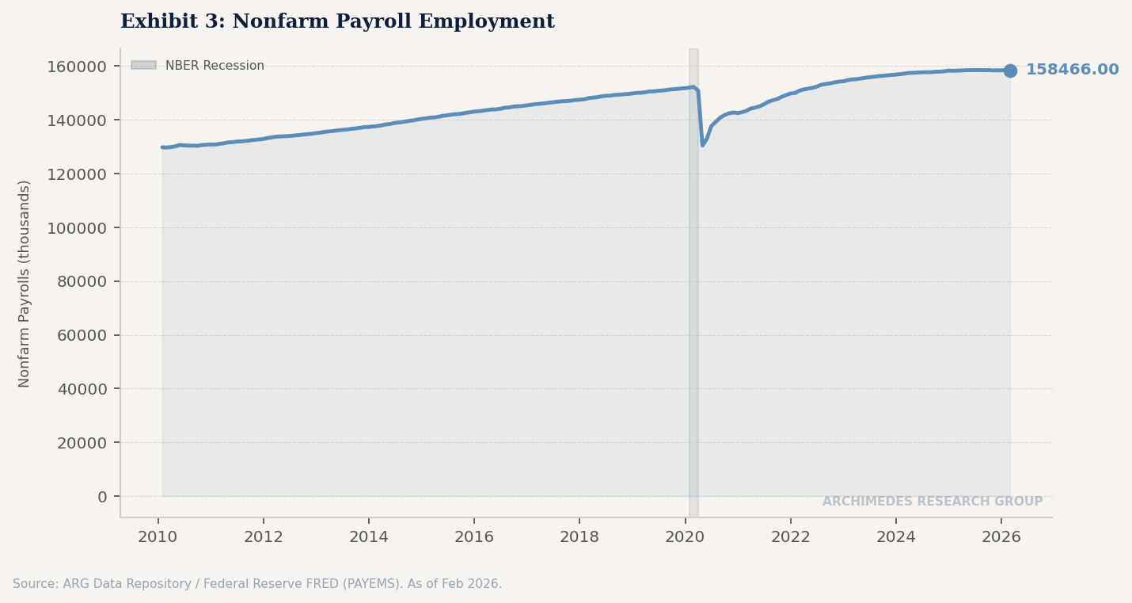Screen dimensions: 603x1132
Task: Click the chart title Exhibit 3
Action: (x=337, y=22)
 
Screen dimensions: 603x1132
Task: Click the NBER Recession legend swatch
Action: (x=143, y=66)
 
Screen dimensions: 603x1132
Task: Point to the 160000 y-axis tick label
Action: (x=77, y=67)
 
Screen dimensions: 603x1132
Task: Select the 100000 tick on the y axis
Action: (x=77, y=228)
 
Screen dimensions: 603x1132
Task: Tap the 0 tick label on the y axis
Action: (x=102, y=497)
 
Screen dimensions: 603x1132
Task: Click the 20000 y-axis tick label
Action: (x=82, y=443)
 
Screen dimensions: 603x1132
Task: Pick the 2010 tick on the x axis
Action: (x=158, y=537)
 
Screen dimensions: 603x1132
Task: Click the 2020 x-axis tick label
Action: (x=685, y=537)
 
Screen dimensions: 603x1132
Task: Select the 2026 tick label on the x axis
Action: (x=1001, y=537)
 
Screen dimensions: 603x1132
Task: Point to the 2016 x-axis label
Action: (x=474, y=537)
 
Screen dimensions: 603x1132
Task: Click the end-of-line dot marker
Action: (x=1010, y=71)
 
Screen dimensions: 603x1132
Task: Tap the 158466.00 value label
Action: (x=1072, y=71)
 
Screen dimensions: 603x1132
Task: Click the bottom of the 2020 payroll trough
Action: (x=702, y=145)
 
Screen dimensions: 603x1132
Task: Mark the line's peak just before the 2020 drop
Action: (x=693, y=87)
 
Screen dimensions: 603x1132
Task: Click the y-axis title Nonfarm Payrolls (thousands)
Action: (x=25, y=284)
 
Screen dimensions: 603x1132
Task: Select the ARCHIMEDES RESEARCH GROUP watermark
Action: (x=932, y=502)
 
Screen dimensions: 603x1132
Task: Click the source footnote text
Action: (x=257, y=584)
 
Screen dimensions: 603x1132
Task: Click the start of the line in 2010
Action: (x=162, y=147)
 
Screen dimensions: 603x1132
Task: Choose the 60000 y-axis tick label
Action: (x=82, y=335)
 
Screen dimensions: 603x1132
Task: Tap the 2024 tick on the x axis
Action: (x=896, y=537)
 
